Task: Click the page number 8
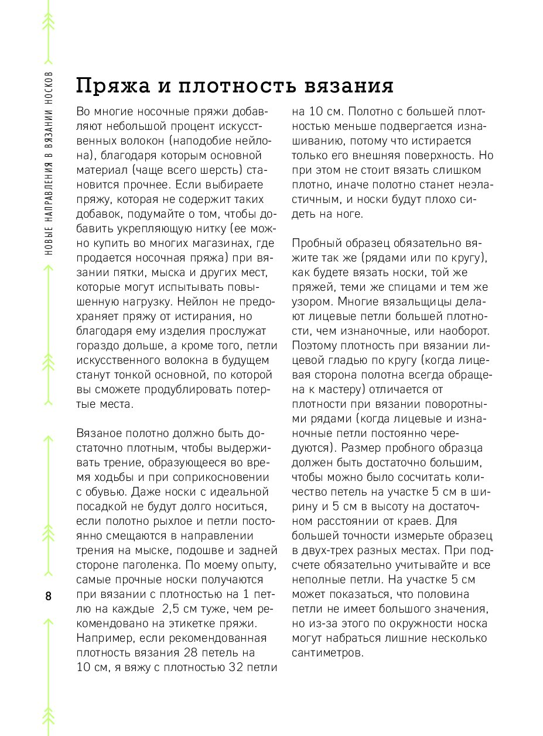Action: (x=48, y=597)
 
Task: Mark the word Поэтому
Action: (x=316, y=347)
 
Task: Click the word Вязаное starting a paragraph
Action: (x=98, y=434)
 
